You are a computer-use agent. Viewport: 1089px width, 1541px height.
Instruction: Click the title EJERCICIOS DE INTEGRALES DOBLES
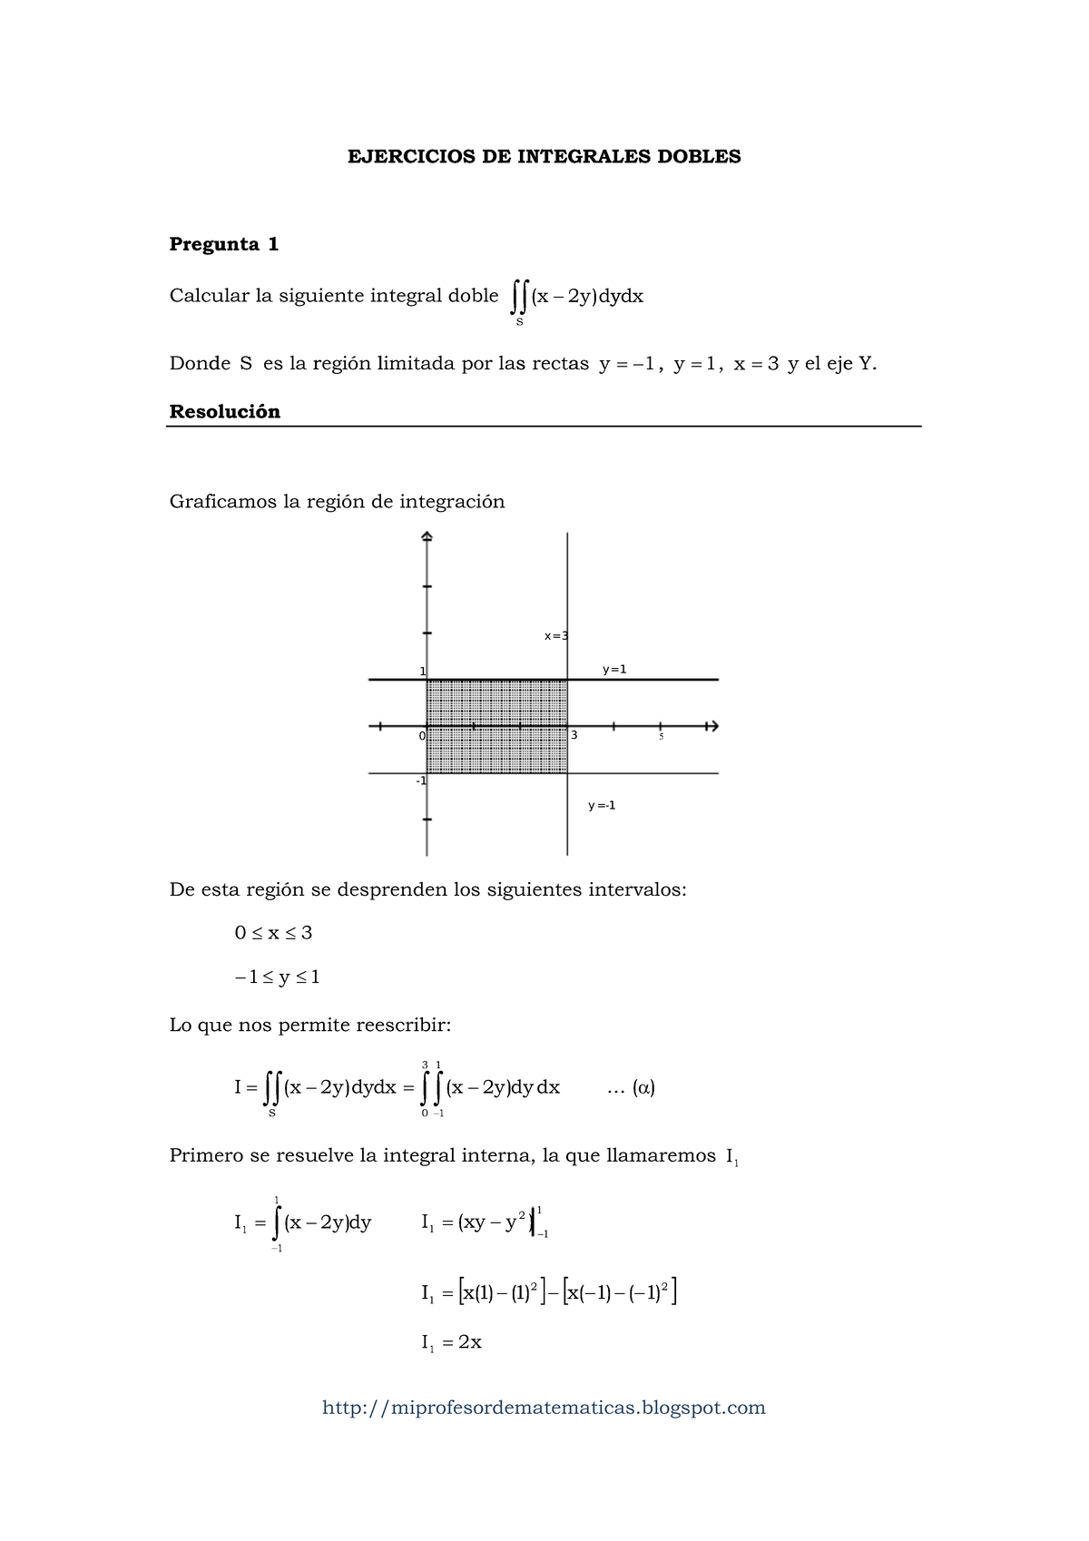pyautogui.click(x=544, y=157)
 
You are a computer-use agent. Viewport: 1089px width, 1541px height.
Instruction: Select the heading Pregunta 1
pyautogui.click(x=224, y=244)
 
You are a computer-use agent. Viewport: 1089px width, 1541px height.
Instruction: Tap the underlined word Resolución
pyautogui.click(x=224, y=412)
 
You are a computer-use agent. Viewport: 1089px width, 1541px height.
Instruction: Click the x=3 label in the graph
pyautogui.click(x=555, y=636)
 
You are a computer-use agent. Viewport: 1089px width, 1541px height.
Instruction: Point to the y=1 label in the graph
pyautogui.click(x=614, y=670)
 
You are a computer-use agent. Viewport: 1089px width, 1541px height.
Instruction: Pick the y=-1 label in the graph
pyautogui.click(x=602, y=805)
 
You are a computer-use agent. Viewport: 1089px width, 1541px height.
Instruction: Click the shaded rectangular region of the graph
pyautogui.click(x=496, y=726)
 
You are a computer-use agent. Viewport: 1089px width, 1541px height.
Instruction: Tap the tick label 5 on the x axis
pyautogui.click(x=662, y=737)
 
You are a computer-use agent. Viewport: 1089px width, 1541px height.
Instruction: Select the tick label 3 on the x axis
pyautogui.click(x=574, y=736)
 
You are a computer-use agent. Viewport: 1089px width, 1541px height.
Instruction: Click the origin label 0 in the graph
pyautogui.click(x=422, y=736)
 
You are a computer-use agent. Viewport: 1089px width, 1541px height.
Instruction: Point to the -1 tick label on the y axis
pyautogui.click(x=421, y=780)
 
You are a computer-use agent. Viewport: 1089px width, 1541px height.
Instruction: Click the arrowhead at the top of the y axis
pyautogui.click(x=427, y=537)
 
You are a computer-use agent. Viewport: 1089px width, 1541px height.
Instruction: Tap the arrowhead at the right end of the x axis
pyautogui.click(x=712, y=726)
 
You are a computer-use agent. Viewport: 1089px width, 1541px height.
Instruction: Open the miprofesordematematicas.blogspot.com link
pyautogui.click(x=544, y=1408)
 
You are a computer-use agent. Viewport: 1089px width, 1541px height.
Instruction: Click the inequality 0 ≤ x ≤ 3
pyautogui.click(x=273, y=933)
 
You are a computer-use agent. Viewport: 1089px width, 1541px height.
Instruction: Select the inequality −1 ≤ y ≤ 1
pyautogui.click(x=277, y=977)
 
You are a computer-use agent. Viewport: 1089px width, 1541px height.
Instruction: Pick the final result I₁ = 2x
pyautogui.click(x=451, y=1343)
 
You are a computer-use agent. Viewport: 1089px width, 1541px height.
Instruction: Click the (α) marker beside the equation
pyautogui.click(x=643, y=1087)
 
